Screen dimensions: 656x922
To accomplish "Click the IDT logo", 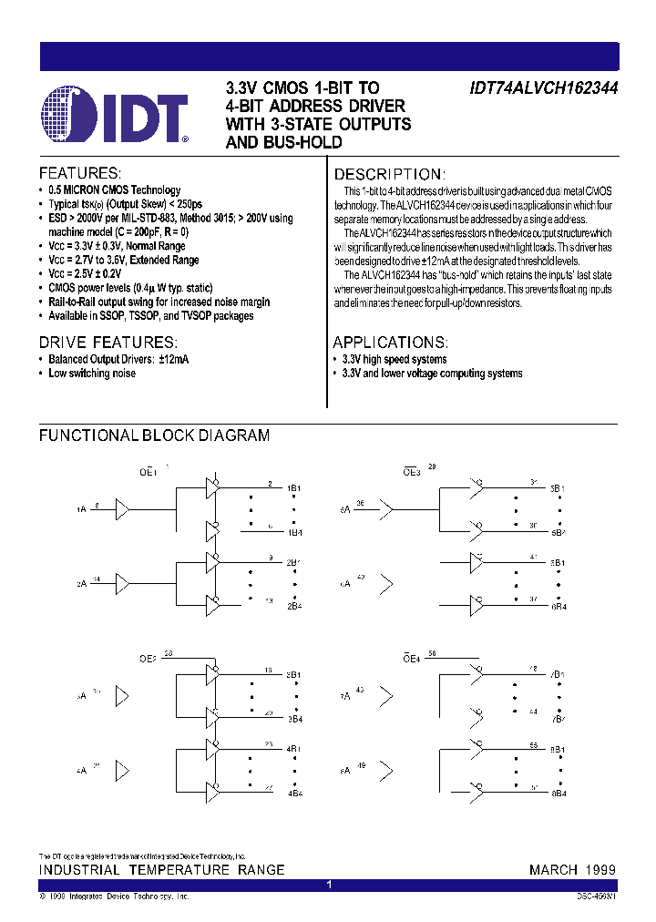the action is [x=115, y=117].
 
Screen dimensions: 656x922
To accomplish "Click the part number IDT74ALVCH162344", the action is [x=544, y=89].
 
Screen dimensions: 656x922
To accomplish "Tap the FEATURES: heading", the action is [x=80, y=173].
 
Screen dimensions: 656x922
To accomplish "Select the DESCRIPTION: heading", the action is [x=389, y=174].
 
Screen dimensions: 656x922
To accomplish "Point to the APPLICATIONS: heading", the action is [x=390, y=343].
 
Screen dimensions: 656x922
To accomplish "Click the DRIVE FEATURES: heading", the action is [x=108, y=343].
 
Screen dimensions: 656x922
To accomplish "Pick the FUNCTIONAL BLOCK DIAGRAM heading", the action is [x=154, y=435].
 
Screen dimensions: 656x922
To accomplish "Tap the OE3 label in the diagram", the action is [x=412, y=472].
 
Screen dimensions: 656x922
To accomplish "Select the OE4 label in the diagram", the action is [x=412, y=657].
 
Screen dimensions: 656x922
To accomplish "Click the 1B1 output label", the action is [x=294, y=488].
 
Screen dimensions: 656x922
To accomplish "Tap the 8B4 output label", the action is [x=558, y=792].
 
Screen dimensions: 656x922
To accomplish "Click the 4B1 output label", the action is [x=294, y=750].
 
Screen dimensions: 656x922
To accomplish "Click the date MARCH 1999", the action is [x=572, y=870].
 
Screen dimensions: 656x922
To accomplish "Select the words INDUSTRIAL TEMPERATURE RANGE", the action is [x=161, y=870].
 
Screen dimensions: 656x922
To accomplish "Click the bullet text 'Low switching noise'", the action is [x=92, y=374].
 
